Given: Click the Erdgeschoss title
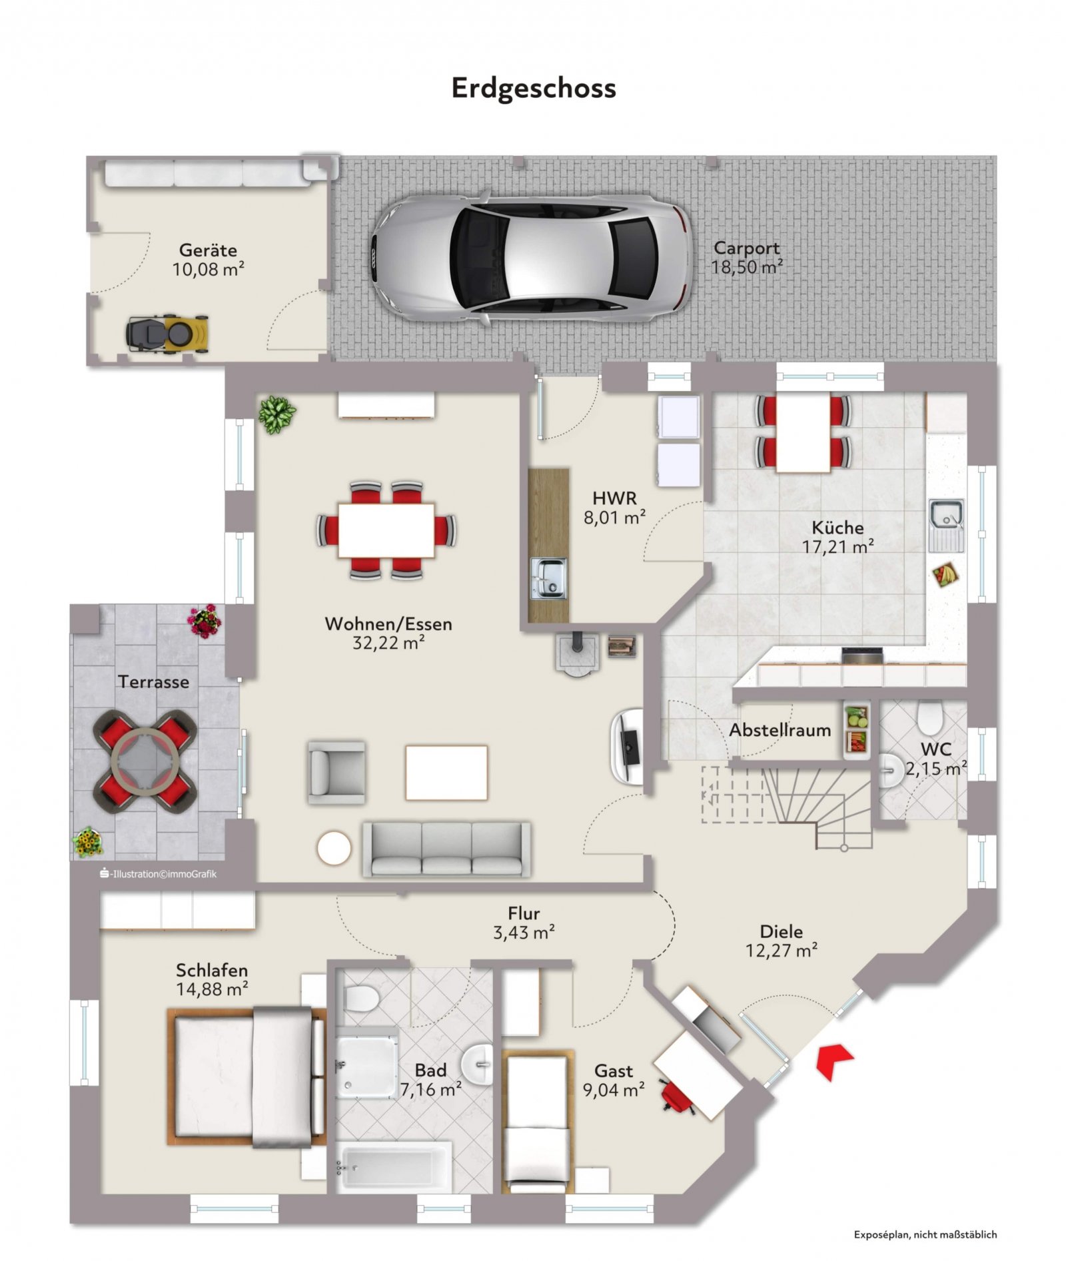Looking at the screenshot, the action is click(x=533, y=89).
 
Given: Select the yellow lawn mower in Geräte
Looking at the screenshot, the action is click(x=167, y=332).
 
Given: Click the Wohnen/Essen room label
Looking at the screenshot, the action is click(x=388, y=624).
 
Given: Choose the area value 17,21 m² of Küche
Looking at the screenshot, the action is click(x=837, y=547).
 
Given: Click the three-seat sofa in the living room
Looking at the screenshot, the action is click(x=446, y=849).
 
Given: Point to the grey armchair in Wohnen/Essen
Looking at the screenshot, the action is click(x=336, y=771).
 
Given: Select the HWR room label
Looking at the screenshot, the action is click(x=614, y=498).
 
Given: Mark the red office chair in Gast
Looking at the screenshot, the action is click(x=676, y=1098).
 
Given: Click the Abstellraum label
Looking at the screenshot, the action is click(x=780, y=730).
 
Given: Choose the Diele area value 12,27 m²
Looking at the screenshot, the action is click(x=781, y=951).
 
